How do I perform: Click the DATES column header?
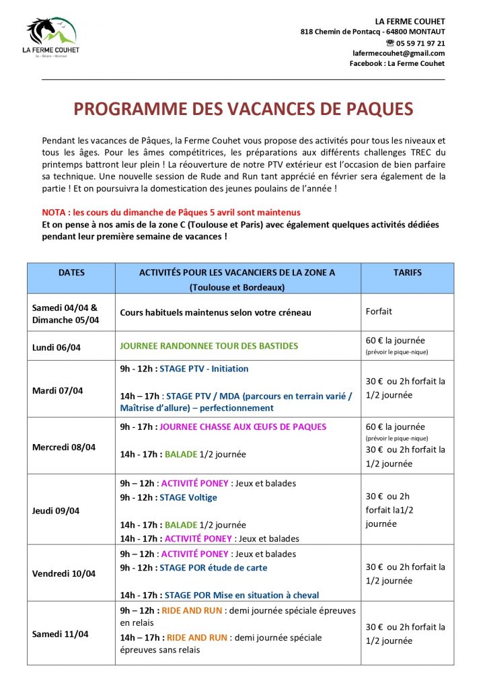point(72,273)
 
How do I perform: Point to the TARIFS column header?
point(407,273)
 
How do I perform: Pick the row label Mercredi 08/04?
point(64,447)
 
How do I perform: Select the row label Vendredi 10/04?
point(64,574)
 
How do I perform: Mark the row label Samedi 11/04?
point(61,634)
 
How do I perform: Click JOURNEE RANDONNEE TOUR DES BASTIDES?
point(209,346)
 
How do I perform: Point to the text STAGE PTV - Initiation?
point(204,369)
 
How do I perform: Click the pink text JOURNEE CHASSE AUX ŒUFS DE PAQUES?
point(243,427)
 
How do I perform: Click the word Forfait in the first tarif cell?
point(379,312)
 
